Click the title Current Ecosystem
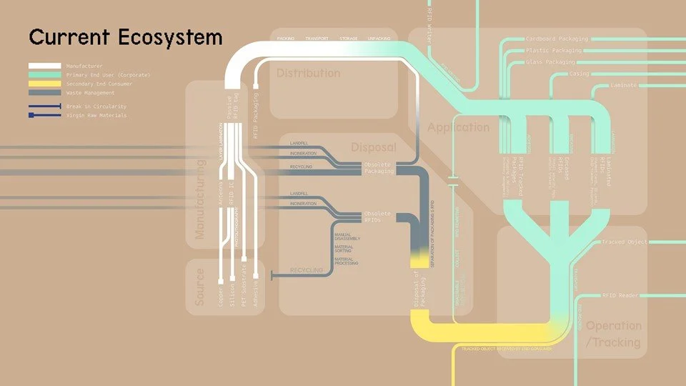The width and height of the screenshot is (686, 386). [x=125, y=36]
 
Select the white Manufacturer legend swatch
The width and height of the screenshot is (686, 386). [x=44, y=66]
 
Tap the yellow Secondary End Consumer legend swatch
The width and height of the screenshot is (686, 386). [x=44, y=84]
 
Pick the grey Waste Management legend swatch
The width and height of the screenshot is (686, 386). [x=44, y=93]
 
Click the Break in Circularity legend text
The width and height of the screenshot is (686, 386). [x=96, y=107]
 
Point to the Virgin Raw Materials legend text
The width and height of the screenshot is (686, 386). [x=96, y=115]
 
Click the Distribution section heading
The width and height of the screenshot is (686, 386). [x=308, y=73]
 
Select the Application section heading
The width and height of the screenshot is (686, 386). [x=458, y=127]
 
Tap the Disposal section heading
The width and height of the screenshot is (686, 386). [x=373, y=147]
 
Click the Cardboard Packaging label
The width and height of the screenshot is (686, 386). [x=557, y=39]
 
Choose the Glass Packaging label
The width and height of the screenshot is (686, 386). [x=550, y=62]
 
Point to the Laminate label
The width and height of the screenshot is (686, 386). [x=624, y=85]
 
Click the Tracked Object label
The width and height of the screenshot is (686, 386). [x=625, y=242]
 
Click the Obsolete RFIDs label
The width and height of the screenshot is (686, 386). [x=377, y=216]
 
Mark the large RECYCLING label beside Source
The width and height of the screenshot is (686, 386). [x=306, y=270]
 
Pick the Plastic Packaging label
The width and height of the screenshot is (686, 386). [x=554, y=51]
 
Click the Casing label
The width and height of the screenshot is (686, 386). [x=579, y=74]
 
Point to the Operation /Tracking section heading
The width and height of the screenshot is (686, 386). [x=612, y=334]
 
